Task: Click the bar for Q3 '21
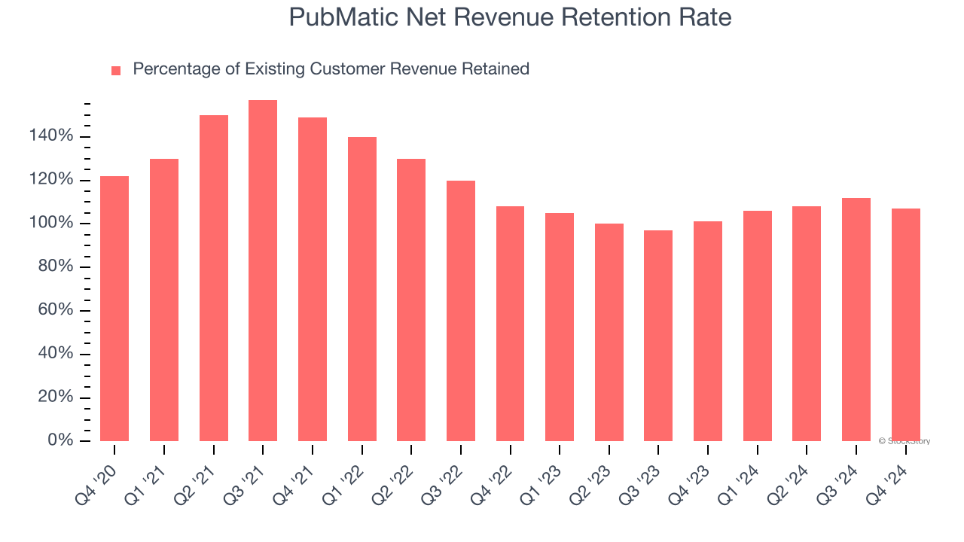point(263,271)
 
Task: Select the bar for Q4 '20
point(114,309)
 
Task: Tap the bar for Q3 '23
point(658,336)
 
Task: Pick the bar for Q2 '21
point(214,279)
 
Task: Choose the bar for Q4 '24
point(906,324)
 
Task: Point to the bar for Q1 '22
point(362,289)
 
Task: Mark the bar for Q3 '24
point(856,319)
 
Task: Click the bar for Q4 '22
point(510,324)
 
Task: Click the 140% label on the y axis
point(52,136)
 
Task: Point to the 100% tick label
point(52,224)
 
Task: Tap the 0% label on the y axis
point(60,440)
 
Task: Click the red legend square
point(116,70)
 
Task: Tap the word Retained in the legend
point(496,69)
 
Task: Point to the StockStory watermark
point(905,441)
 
